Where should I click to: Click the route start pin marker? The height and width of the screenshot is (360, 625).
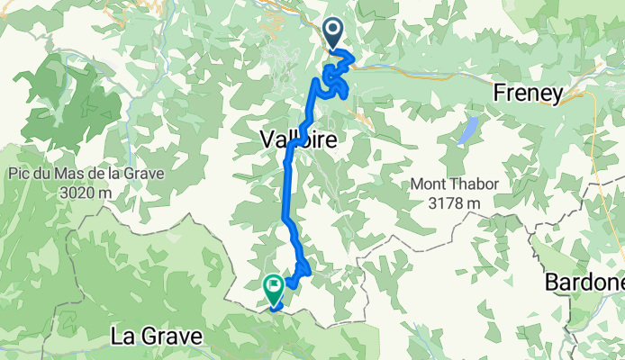[x=333, y=34]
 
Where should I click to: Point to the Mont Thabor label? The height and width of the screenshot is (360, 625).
[x=456, y=185]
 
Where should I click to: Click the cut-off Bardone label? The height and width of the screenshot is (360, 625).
[x=584, y=282]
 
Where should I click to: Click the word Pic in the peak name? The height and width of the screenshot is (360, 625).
[x=21, y=174]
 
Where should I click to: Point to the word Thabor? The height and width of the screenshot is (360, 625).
[x=476, y=185]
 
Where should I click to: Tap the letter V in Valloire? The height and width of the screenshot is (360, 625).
[x=267, y=139]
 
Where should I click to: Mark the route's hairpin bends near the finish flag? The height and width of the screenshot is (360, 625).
[x=301, y=268]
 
